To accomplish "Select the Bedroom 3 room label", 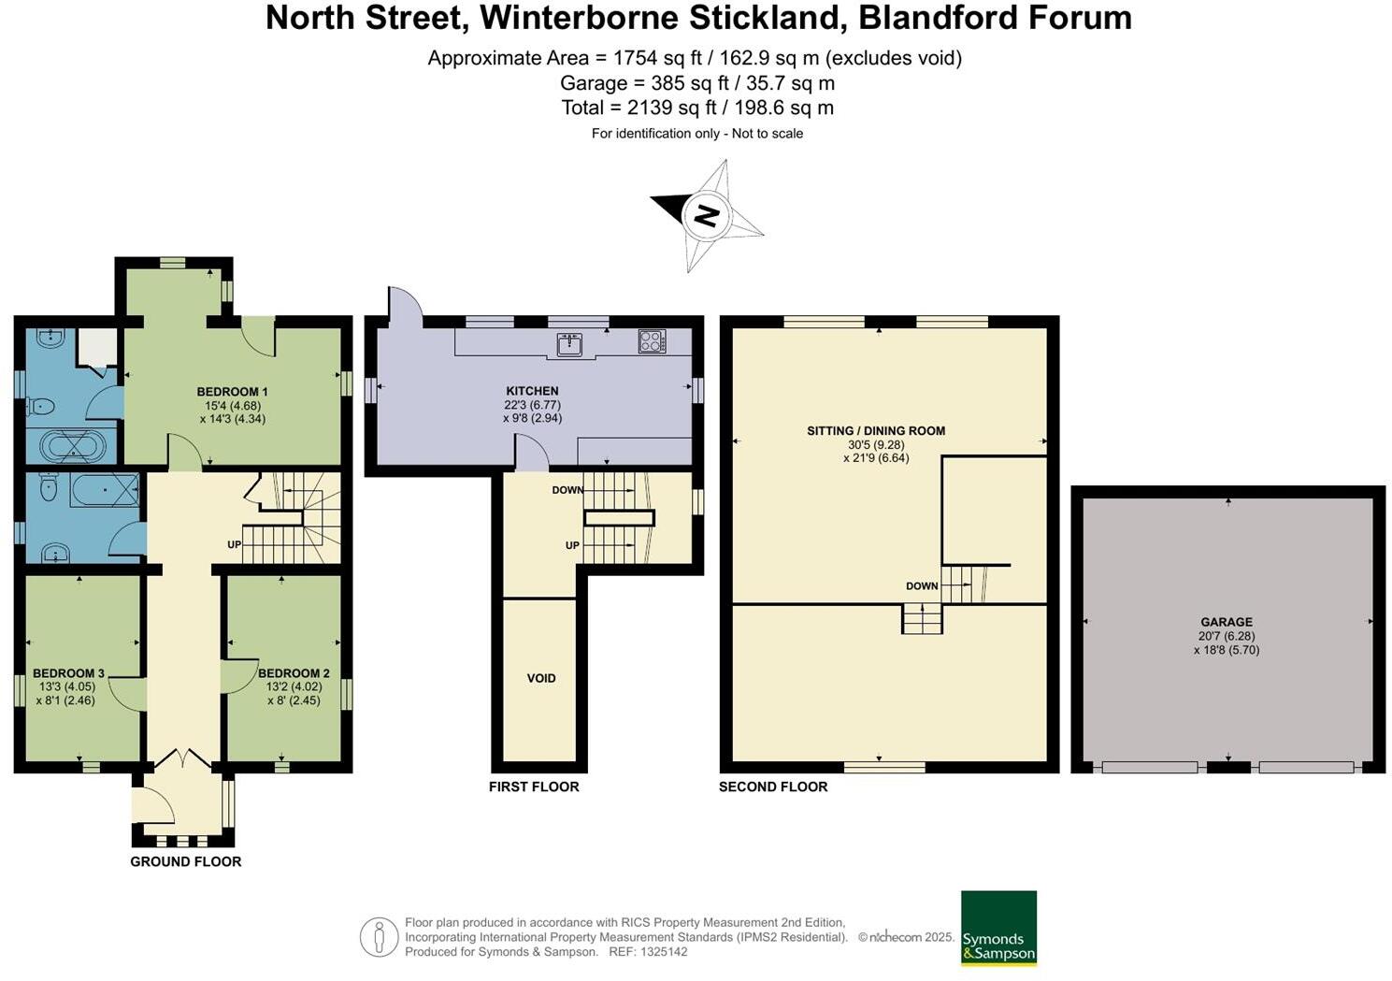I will tap(68, 673).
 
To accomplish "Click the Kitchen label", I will tap(532, 391).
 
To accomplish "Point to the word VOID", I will tap(541, 678).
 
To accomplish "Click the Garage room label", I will tap(1227, 622).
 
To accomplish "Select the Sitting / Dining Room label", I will tap(876, 431).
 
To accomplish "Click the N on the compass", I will tap(706, 216).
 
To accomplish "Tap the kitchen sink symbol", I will tap(569, 344).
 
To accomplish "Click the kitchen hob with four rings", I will tap(652, 341).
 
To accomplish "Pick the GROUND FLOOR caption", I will tap(186, 861).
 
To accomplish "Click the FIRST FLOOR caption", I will tap(534, 786).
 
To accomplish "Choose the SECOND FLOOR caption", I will tap(773, 786).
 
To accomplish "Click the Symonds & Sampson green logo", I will tap(998, 928).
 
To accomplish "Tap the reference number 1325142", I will tap(660, 952).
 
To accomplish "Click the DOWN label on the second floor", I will tap(922, 586).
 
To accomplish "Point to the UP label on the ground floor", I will tap(234, 544).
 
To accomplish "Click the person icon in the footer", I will tap(379, 936).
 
